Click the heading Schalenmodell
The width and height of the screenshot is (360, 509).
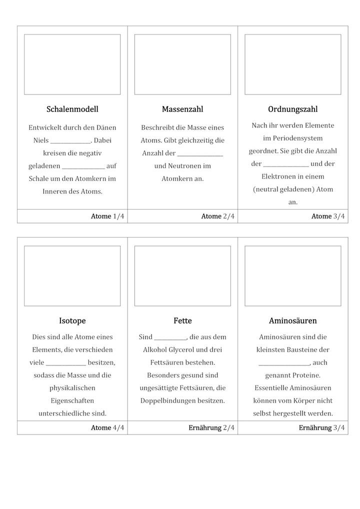[x=72, y=109]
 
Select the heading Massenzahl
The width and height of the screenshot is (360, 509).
[x=182, y=109]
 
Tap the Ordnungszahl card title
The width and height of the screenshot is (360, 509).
[x=292, y=109]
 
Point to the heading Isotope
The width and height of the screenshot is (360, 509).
[x=72, y=321]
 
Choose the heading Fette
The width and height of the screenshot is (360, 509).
[x=182, y=321]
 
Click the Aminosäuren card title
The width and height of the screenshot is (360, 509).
[x=292, y=321]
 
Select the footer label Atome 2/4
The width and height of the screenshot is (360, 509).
[x=217, y=216]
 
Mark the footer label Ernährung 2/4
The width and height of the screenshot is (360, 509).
[x=211, y=428]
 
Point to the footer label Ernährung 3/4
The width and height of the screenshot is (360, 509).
[x=321, y=428]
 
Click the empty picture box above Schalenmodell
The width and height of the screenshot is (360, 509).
[x=72, y=64]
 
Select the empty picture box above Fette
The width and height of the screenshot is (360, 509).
[x=182, y=275]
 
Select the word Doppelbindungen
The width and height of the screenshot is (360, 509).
[x=166, y=401]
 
